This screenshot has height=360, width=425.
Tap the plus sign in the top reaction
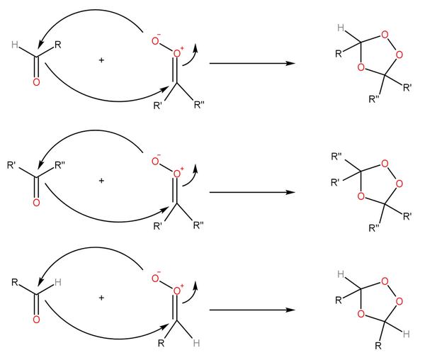(x=101, y=61)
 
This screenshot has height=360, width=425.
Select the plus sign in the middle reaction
(x=101, y=181)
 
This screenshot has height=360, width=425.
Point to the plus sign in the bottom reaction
(x=101, y=298)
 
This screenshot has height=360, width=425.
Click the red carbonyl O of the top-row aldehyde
(x=36, y=83)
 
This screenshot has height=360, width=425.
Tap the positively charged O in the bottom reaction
(x=177, y=291)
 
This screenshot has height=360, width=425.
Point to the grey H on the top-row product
(x=341, y=29)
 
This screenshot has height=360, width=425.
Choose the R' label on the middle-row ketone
(x=12, y=167)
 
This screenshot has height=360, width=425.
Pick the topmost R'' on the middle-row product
(x=337, y=155)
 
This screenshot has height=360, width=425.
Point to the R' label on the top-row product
(x=407, y=88)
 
